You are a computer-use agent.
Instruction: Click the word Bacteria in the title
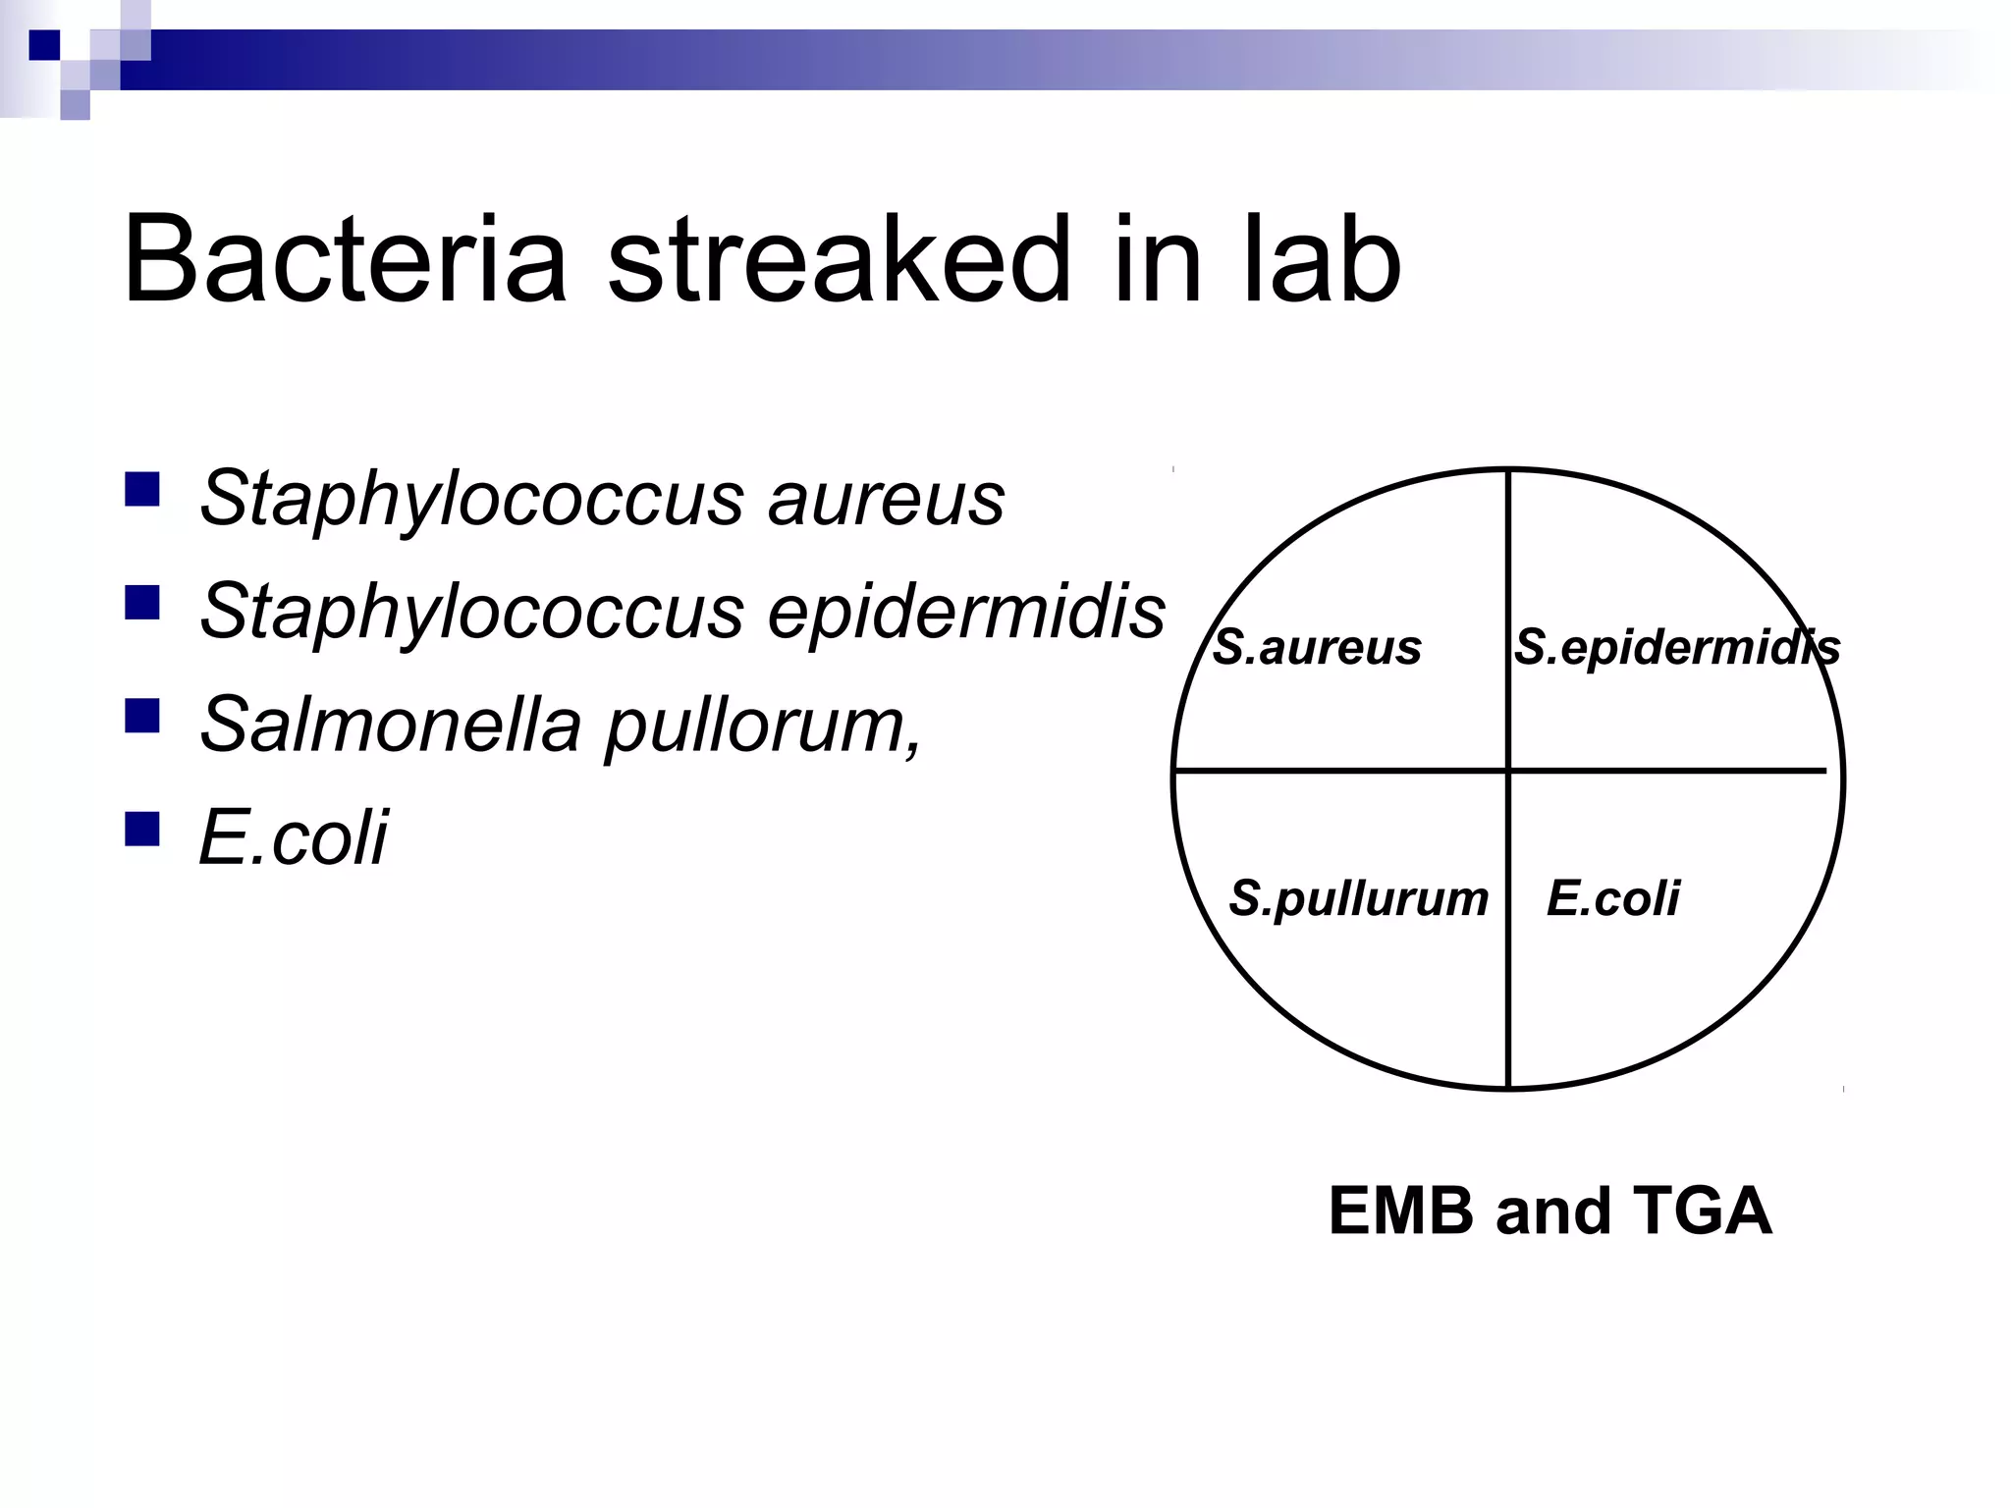345,260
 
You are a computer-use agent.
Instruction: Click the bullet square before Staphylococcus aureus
142,489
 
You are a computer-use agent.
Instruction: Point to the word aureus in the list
886,499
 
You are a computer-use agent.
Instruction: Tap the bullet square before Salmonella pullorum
142,716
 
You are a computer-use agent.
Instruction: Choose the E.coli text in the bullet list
293,837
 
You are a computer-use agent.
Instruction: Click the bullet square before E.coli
142,829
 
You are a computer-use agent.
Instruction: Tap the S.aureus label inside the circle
1317,648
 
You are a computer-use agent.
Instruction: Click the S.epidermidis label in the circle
1676,648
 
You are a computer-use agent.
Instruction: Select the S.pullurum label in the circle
1359,898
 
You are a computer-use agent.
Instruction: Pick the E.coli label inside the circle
1612,898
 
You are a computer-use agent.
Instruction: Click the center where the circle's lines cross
1508,771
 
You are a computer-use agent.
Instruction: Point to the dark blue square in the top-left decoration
44,45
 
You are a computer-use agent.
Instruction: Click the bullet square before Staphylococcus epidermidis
142,603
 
